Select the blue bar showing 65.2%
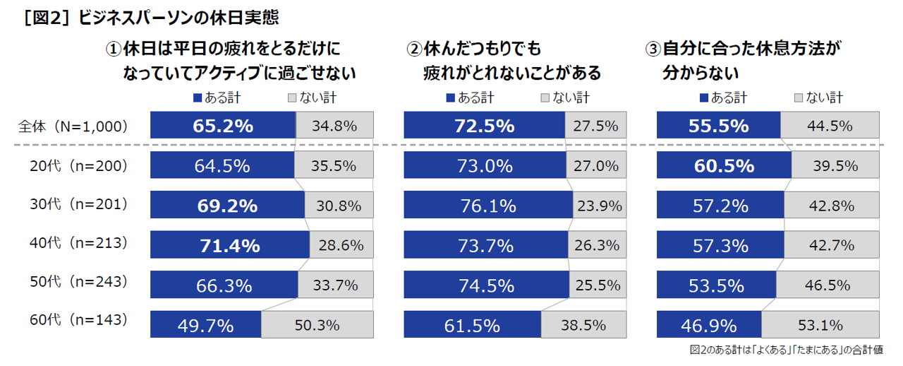point(223,126)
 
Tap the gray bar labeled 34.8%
point(335,126)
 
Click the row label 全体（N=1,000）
point(73,126)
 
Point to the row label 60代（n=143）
point(73,319)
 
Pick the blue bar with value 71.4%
point(230,245)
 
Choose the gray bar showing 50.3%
point(317,325)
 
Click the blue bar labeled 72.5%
point(484,126)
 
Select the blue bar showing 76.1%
point(488,206)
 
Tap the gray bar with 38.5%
point(583,325)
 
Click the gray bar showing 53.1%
point(820,325)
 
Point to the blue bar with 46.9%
point(709,325)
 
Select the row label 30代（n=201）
point(73,204)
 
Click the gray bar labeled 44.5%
point(830,126)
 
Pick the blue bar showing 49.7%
point(205,325)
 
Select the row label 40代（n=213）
point(73,243)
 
